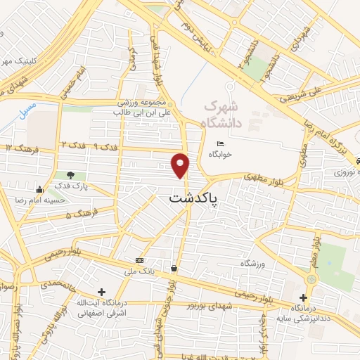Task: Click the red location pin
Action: [x=181, y=165]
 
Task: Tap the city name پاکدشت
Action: [x=193, y=199]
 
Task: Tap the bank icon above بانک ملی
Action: [x=139, y=259]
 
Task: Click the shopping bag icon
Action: [x=174, y=268]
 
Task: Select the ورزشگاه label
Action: [x=260, y=263]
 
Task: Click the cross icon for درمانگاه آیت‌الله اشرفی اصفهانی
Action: [x=103, y=291]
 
